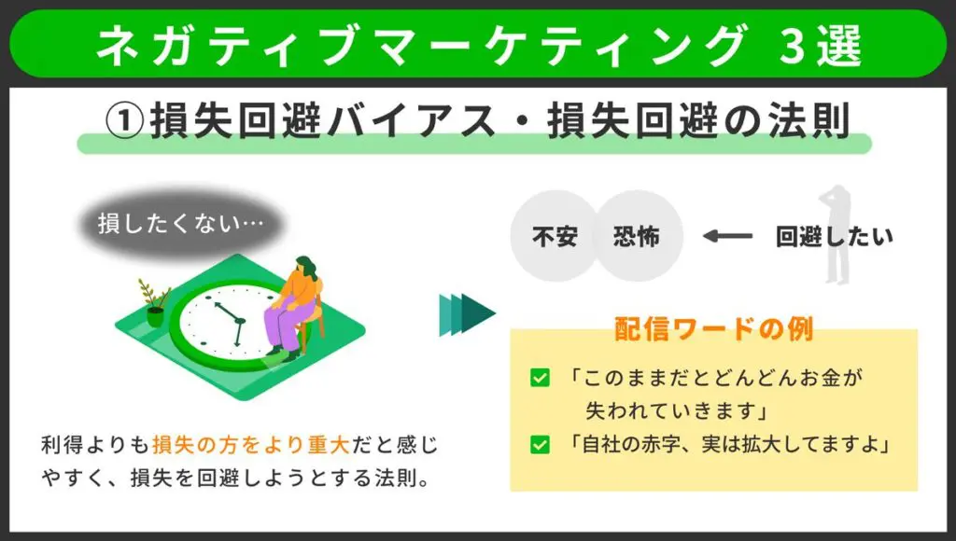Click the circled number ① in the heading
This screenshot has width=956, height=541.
click(x=124, y=120)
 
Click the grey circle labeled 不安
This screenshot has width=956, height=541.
click(x=555, y=236)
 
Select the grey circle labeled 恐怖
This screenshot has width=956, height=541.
click(x=637, y=236)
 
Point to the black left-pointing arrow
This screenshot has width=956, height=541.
click(x=727, y=236)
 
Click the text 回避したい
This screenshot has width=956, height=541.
click(x=834, y=236)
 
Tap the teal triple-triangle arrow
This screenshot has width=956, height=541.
click(x=467, y=314)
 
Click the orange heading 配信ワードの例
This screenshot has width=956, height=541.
click(x=713, y=329)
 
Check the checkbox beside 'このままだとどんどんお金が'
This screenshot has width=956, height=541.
click(x=540, y=378)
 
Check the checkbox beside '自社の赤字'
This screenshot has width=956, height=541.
click(x=540, y=445)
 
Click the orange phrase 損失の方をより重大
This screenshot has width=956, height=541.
click(x=250, y=445)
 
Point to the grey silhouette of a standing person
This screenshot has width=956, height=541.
click(x=836, y=234)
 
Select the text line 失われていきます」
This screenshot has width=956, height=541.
click(x=676, y=411)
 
